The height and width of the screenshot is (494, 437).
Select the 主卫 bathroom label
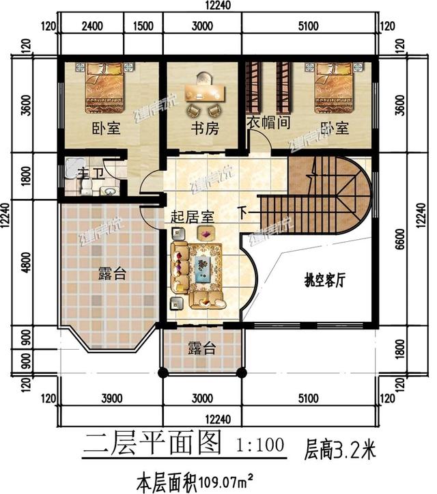pyautogui.click(x=87, y=173)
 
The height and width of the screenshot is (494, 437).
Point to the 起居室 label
pyautogui.click(x=192, y=216)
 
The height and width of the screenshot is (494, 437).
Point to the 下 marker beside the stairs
pyautogui.click(x=244, y=212)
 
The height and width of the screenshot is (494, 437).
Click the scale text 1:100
pyautogui.click(x=259, y=446)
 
